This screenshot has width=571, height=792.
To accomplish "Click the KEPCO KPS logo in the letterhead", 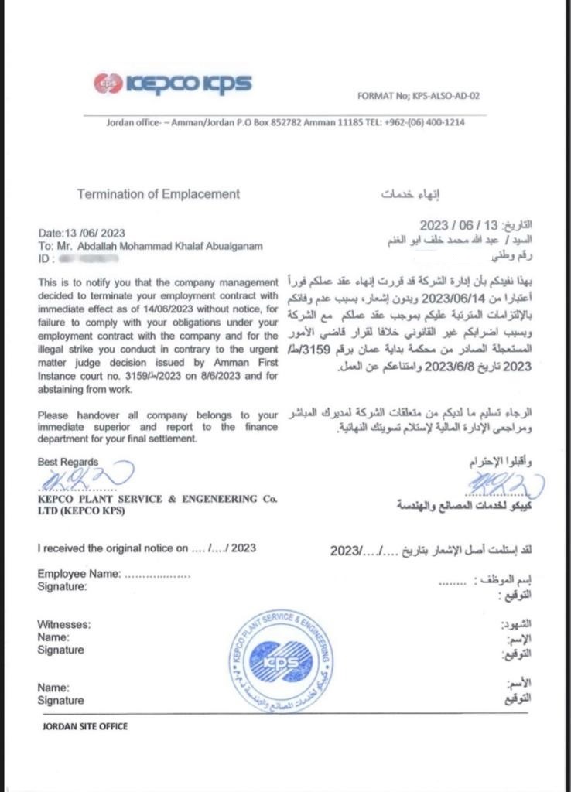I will (x=172, y=83).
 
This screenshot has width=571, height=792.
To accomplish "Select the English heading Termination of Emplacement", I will (x=159, y=194).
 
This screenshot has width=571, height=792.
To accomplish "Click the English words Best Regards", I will (x=68, y=462).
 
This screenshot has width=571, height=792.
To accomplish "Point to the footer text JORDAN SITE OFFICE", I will (x=85, y=726).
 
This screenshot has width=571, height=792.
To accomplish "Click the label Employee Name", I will (x=79, y=574).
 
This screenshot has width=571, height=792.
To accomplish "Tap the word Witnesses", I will (x=64, y=624).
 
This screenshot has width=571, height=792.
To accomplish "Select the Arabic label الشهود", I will (x=517, y=623).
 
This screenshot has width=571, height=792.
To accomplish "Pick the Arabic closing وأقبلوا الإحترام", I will (x=501, y=463).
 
